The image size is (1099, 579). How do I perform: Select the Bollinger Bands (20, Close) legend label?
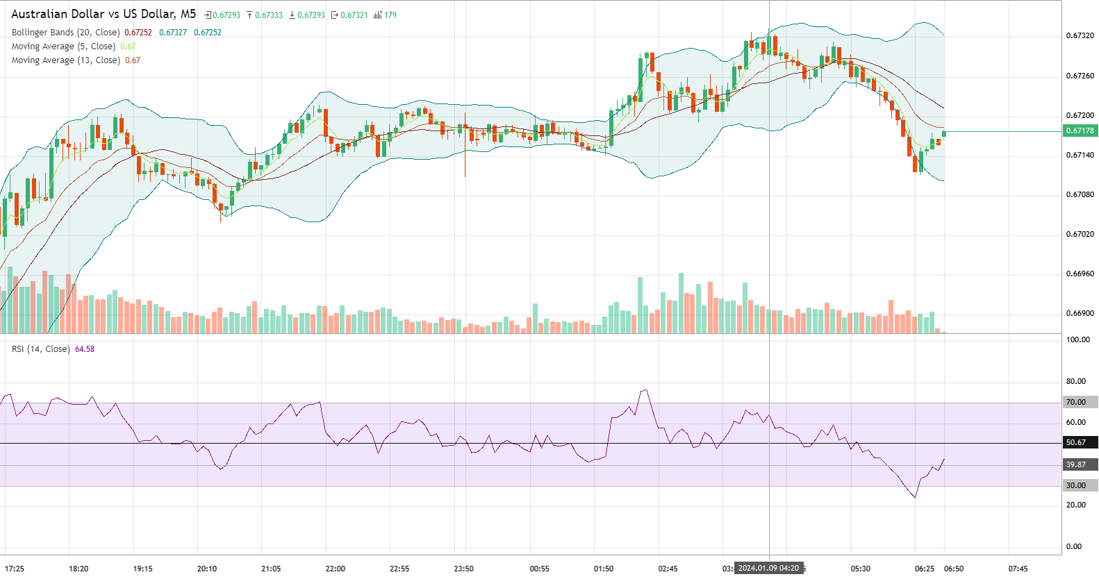(x=65, y=33)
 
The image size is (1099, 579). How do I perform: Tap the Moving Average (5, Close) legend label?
(x=63, y=47)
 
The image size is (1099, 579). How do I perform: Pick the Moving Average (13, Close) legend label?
(x=65, y=60)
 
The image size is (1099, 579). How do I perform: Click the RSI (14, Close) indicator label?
(x=40, y=349)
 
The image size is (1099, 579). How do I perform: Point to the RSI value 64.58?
(x=85, y=349)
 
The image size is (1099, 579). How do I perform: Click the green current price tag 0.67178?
(x=1080, y=131)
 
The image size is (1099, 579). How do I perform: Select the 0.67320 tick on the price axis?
(x=1080, y=35)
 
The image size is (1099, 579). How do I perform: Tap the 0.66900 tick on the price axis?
(x=1080, y=313)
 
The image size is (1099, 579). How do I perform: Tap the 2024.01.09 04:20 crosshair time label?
(x=768, y=568)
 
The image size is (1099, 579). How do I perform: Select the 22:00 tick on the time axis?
(x=335, y=569)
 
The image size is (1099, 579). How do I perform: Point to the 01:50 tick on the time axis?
(x=603, y=569)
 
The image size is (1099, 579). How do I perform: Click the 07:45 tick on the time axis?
(x=1018, y=569)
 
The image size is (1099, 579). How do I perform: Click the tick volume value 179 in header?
(x=390, y=15)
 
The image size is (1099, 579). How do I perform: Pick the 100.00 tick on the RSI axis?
(x=1078, y=339)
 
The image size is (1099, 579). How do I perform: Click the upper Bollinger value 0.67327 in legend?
(x=173, y=33)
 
